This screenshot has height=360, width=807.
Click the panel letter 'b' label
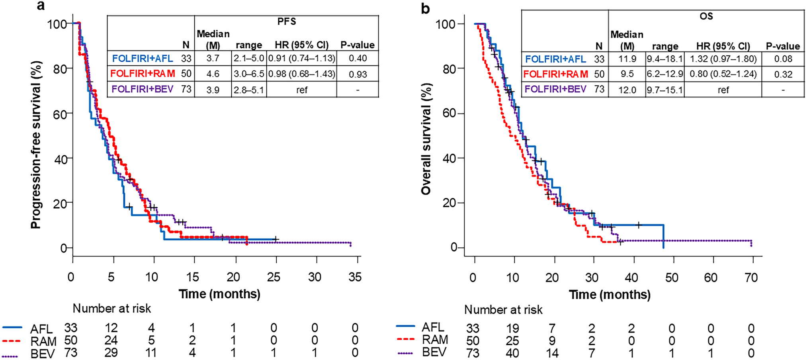[x=426, y=8]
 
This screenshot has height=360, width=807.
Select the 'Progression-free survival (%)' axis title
[x=36, y=145]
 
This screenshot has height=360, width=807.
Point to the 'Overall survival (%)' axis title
[x=426, y=139]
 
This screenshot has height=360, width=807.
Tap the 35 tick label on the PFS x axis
[x=355, y=277]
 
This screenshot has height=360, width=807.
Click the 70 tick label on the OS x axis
[x=751, y=277]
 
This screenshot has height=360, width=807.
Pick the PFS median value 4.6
[x=213, y=74]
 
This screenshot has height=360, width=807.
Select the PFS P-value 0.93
[x=358, y=74]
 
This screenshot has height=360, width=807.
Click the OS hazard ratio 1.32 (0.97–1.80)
[x=723, y=59]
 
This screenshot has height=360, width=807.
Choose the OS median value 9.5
[x=627, y=74]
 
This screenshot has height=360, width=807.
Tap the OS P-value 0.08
[x=783, y=59]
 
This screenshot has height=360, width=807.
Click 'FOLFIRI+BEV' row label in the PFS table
[x=143, y=89]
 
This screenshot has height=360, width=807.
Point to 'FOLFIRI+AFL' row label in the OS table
[x=555, y=59]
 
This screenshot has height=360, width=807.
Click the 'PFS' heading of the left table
[x=287, y=22]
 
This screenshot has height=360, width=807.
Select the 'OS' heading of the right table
[x=706, y=16]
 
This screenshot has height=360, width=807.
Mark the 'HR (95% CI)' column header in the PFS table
[x=301, y=45]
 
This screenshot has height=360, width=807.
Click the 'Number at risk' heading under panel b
[x=503, y=310]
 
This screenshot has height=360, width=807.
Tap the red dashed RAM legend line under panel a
[x=12, y=340]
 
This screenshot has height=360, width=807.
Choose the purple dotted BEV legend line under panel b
[x=406, y=352]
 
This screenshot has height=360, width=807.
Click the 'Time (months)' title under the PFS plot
[x=219, y=294]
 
